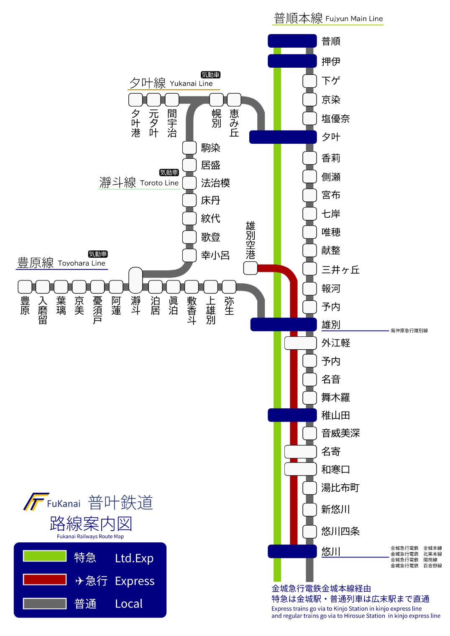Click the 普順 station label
tap(331, 41)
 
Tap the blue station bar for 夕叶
tap(283, 137)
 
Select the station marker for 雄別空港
tap(250, 268)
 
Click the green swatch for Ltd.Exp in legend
tap(45, 556)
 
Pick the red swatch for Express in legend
tap(45, 580)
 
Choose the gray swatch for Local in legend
tap(45, 603)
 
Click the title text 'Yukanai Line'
tap(191, 84)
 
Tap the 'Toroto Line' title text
tap(159, 183)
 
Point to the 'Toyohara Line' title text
tap(82, 263)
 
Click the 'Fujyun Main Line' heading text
tap(354, 19)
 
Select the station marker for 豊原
tap(25, 287)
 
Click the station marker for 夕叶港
tap(136, 99)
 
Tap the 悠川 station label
tap(331, 552)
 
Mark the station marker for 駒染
tap(189, 148)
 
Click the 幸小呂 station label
tap(215, 255)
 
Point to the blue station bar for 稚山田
tap(292, 415)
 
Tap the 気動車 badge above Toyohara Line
tap(98, 254)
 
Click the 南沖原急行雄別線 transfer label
tap(409, 331)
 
